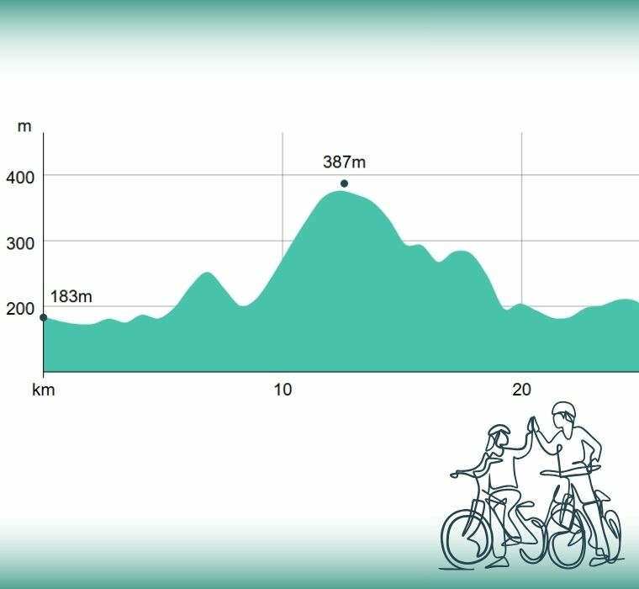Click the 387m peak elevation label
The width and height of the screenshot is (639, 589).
coord(344,162)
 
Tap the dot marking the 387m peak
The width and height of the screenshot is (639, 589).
coord(344,183)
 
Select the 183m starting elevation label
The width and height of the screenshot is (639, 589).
coord(71,296)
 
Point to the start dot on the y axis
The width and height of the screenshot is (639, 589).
coord(44,317)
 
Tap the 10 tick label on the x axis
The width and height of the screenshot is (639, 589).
coord(283,390)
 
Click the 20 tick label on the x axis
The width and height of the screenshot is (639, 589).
coord(522,390)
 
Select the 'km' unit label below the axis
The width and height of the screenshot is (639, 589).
coord(43,390)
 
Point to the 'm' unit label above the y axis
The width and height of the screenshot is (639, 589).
coord(24,127)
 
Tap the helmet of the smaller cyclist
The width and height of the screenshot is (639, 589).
coord(499,434)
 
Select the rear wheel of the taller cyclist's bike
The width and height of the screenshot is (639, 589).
coord(599,530)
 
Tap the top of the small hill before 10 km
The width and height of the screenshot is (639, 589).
coord(208,273)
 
